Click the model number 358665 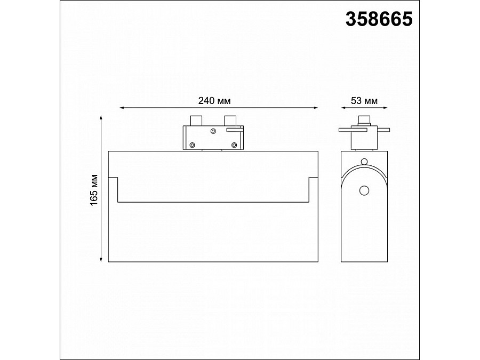[x=379, y=19]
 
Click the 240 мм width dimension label [x=214, y=100]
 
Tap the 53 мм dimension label [x=364, y=100]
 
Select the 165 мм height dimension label [x=94, y=190]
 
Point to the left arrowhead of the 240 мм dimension [x=122, y=108]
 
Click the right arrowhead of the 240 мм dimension [x=316, y=108]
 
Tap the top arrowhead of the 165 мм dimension [x=101, y=117]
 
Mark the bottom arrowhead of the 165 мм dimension [x=101, y=260]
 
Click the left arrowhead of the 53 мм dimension [x=343, y=108]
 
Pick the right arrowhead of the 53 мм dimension [x=385, y=108]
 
